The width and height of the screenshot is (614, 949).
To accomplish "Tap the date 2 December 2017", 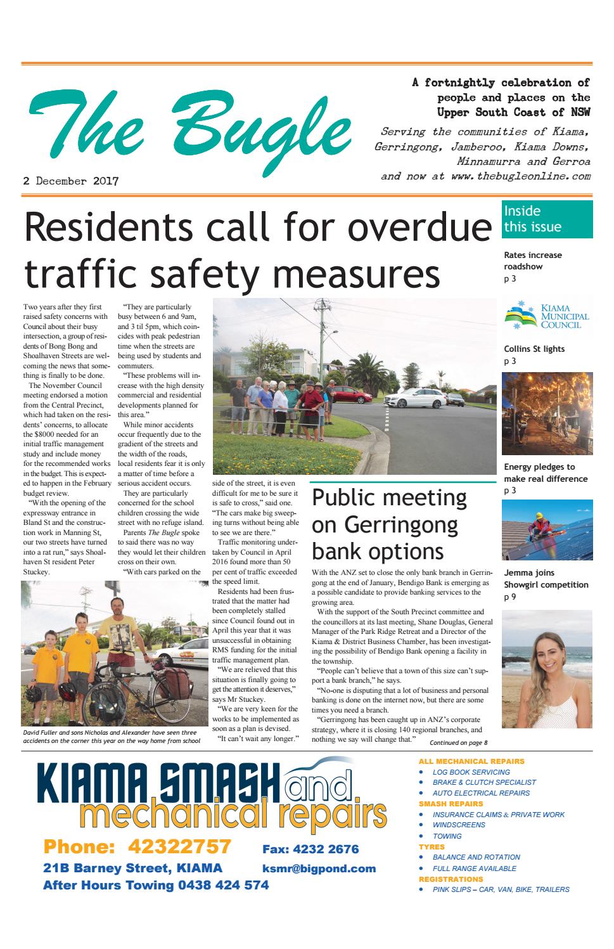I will (71, 181).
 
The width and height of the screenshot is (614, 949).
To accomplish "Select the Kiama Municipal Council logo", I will (547, 316).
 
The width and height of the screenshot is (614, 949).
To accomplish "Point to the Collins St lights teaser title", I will (534, 349).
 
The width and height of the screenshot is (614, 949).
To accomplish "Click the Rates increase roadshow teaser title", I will (532, 261).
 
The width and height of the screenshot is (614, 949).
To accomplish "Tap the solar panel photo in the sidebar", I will (547, 531).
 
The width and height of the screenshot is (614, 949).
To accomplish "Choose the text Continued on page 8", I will (458, 742).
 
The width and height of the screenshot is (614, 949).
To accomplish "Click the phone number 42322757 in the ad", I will (179, 846).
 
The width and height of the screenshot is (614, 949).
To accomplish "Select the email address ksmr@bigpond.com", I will (319, 868).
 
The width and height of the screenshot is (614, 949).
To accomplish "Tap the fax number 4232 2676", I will (310, 849).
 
